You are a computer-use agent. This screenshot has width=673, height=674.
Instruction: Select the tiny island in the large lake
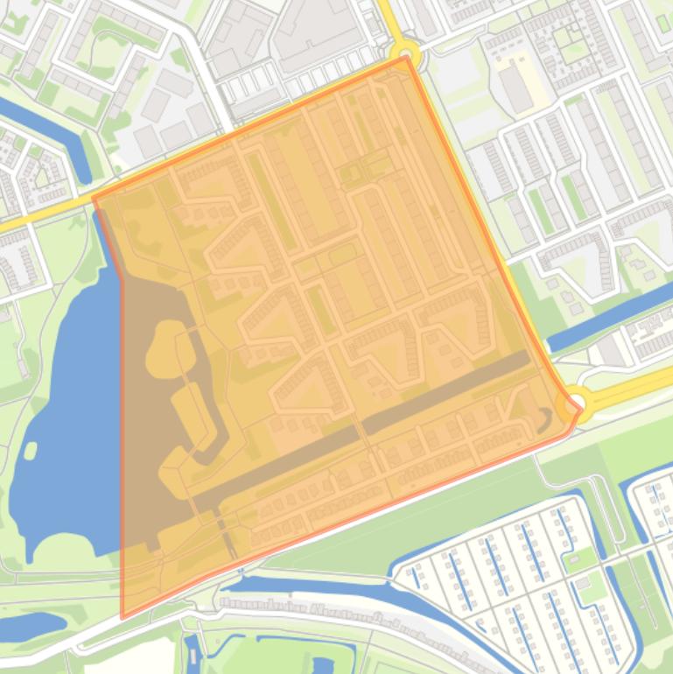[x=31, y=451]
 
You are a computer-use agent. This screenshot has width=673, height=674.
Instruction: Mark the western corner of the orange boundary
[x=94, y=200]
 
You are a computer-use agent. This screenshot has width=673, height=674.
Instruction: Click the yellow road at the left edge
[x=35, y=219]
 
